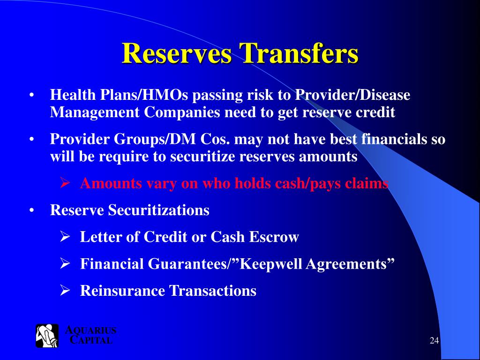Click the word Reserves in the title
[177, 53]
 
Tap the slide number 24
[434, 341]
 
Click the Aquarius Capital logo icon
[47, 336]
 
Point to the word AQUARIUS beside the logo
[90, 330]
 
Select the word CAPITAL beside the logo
[91, 340]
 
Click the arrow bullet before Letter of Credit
[65, 237]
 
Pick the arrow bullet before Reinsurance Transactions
[65, 291]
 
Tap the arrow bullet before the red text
[65, 183]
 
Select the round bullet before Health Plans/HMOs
[32, 96]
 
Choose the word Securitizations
[159, 210]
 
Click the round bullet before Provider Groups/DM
[32, 140]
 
